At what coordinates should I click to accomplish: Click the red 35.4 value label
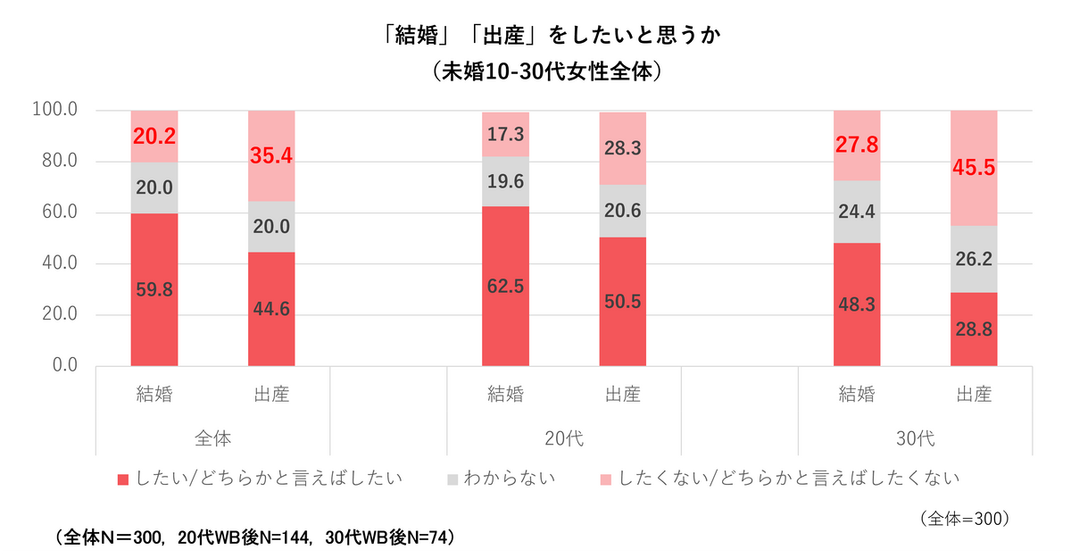[271, 156]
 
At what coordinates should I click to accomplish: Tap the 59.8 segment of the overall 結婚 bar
[154, 290]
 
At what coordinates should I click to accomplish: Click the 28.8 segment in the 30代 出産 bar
[974, 329]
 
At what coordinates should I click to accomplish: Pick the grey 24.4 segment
[857, 212]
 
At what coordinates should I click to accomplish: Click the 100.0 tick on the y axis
[56, 111]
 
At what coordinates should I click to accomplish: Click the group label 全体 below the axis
[212, 439]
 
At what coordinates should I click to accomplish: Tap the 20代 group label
[563, 439]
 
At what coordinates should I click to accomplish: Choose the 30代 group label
[915, 439]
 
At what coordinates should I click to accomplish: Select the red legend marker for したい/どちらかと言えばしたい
[123, 479]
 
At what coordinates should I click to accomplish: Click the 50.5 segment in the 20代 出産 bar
[622, 302]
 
